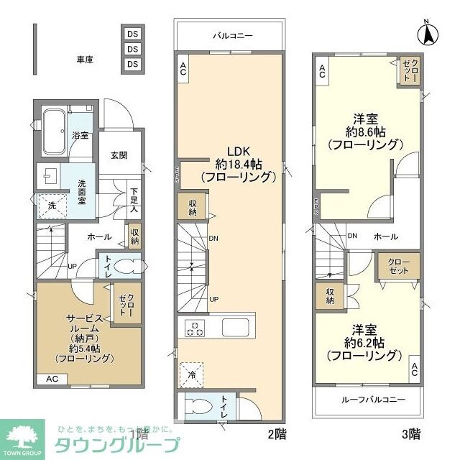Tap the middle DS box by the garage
coord(132,49)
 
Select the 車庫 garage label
coord(86,59)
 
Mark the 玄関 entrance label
coord(119,155)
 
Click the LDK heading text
coord(238,151)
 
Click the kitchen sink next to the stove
coord(235,328)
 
